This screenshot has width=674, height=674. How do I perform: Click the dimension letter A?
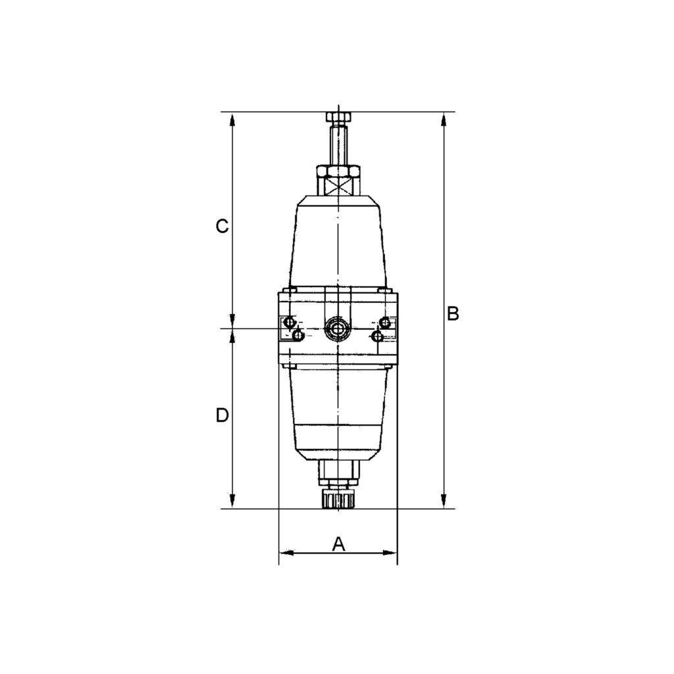338,544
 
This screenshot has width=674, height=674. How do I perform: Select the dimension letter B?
453,313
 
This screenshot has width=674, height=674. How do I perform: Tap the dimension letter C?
222,226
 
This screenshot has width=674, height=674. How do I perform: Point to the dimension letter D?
222,415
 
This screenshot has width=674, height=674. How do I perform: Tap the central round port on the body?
338,328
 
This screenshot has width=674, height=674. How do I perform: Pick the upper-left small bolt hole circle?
288,323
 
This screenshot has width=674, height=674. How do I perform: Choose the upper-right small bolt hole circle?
386,323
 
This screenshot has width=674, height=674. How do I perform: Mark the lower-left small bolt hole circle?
299,336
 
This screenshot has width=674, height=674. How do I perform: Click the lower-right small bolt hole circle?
376,336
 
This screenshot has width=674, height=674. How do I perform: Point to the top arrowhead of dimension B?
444,119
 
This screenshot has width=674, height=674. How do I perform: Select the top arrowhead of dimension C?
232,119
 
